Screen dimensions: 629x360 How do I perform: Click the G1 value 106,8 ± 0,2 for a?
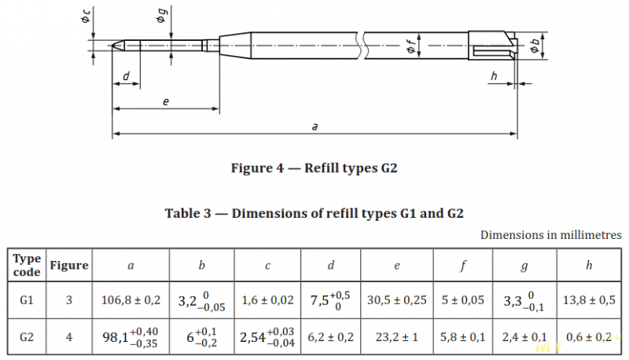131,299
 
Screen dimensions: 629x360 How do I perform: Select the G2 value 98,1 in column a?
116,337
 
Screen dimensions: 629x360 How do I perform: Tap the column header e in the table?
397,266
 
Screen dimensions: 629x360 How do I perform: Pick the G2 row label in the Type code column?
27,337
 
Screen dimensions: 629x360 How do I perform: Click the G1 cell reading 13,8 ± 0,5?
589,299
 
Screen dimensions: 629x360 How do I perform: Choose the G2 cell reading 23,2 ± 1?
397,337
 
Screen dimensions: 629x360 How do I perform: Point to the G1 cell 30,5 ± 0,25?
397,299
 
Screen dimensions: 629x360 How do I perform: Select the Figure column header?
69,266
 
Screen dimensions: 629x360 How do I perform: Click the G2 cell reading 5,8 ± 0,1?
462,337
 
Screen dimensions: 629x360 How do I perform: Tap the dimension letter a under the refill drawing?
314,127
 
